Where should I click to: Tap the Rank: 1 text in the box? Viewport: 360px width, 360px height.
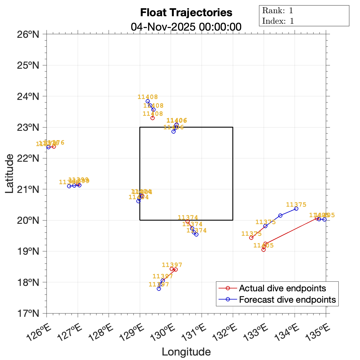click(277, 10)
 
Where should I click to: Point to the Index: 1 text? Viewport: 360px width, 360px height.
click(278, 21)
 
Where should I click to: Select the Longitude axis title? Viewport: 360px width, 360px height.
click(186, 352)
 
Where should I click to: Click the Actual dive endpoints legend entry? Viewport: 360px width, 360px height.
click(282, 288)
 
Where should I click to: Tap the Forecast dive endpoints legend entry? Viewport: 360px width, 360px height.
click(287, 299)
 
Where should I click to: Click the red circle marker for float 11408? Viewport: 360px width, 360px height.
click(152, 118)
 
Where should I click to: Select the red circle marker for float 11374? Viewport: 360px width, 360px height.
click(187, 221)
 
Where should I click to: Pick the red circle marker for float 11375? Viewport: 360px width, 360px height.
click(251, 238)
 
